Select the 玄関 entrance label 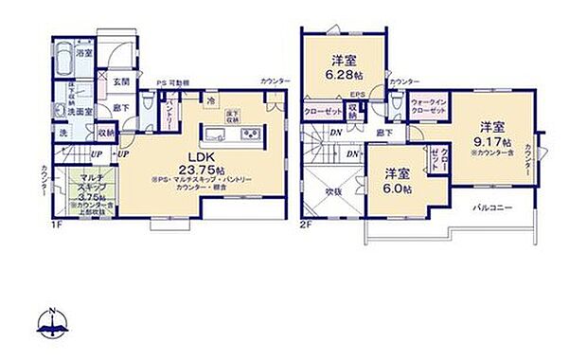point(123,83)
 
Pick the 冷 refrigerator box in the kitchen point(210,99)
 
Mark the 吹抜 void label point(330,190)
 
